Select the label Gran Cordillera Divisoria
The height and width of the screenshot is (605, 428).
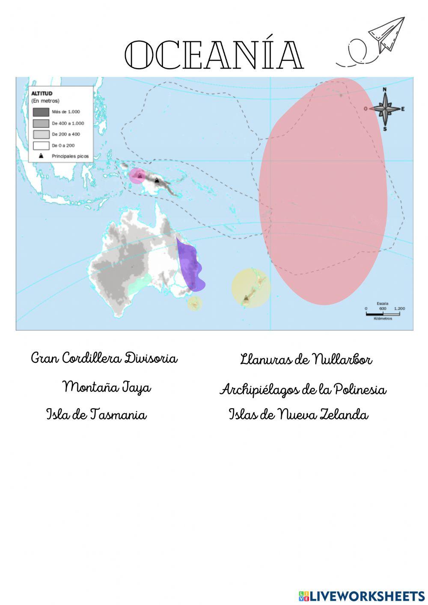[104, 358]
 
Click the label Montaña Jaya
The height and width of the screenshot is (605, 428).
[107, 387]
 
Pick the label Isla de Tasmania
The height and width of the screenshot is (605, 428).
[96, 414]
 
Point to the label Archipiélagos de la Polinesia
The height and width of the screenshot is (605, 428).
[303, 389]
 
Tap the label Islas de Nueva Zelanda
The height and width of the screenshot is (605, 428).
[298, 414]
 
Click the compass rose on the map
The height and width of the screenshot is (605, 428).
[385, 109]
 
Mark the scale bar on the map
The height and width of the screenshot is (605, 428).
[383, 314]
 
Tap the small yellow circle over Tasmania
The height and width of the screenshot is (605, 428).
[194, 303]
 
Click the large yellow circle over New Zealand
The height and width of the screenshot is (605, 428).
[251, 288]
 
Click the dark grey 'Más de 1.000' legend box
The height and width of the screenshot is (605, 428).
[41, 112]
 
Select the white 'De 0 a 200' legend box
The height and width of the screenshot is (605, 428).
[41, 145]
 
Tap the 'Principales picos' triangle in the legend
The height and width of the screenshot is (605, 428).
[41, 156]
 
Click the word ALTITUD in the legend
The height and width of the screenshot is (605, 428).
[42, 93]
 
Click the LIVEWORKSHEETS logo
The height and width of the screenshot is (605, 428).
[362, 596]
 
